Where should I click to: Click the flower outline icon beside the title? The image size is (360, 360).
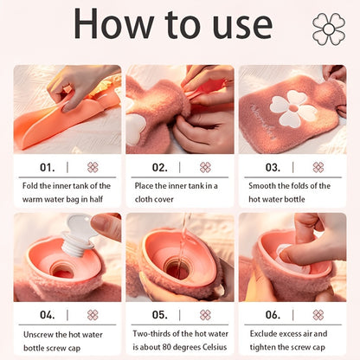328,29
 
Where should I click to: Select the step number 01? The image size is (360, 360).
48,167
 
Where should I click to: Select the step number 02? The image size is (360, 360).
160,167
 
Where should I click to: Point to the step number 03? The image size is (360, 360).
273,167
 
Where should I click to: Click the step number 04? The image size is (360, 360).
48,315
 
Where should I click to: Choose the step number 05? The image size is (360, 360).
160,315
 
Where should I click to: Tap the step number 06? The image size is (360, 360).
273,315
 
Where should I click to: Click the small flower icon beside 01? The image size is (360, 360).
93,167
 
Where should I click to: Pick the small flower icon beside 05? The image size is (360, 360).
205,315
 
